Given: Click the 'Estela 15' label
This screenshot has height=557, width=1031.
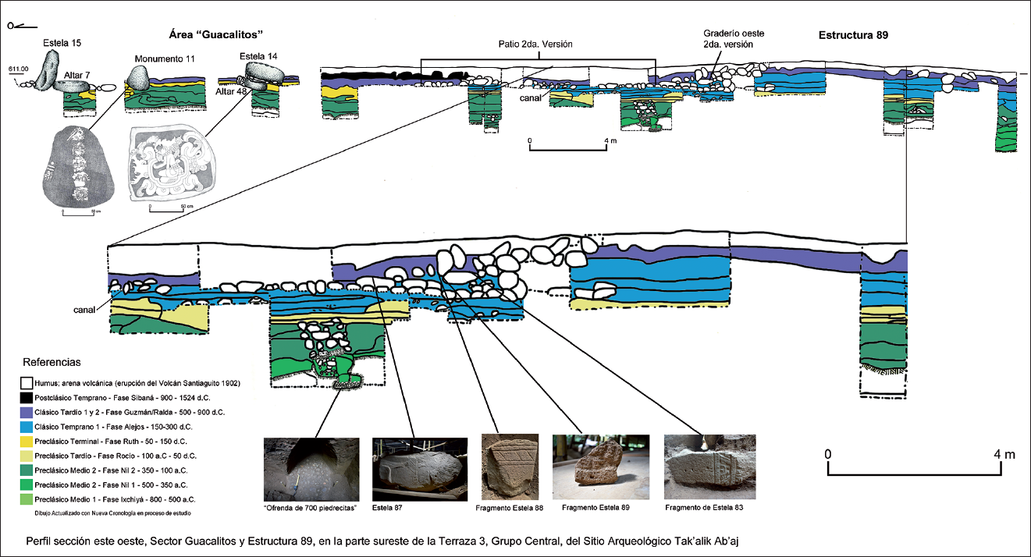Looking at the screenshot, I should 62,41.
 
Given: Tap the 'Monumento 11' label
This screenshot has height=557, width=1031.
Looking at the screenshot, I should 164,59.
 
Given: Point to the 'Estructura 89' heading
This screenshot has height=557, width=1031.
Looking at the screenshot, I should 853,35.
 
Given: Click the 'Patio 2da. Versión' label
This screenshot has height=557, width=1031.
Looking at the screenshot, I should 536,44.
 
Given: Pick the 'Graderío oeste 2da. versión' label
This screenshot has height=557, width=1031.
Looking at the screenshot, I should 731,39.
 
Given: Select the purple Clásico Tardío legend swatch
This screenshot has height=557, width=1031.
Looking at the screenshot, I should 27,412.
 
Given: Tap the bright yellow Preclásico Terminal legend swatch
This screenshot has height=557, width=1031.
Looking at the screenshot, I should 27,441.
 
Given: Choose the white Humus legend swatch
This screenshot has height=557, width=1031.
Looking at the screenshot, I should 27,383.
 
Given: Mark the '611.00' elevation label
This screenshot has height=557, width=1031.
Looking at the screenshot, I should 18,69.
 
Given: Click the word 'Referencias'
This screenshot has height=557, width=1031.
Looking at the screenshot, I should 52,363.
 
